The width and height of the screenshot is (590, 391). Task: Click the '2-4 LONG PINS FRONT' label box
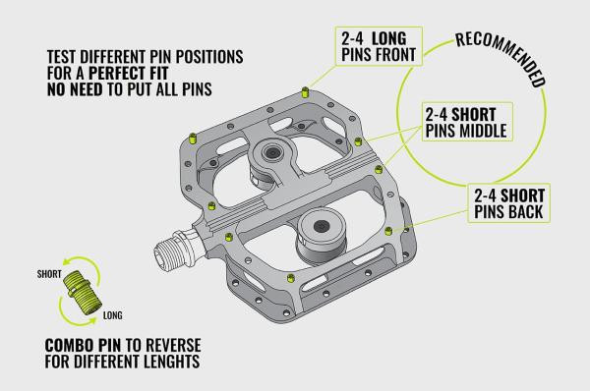(378, 46)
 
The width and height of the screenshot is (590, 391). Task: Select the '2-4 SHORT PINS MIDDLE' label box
(466, 122)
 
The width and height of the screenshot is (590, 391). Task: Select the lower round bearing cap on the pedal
(322, 225)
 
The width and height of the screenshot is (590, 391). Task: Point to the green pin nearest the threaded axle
(229, 237)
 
